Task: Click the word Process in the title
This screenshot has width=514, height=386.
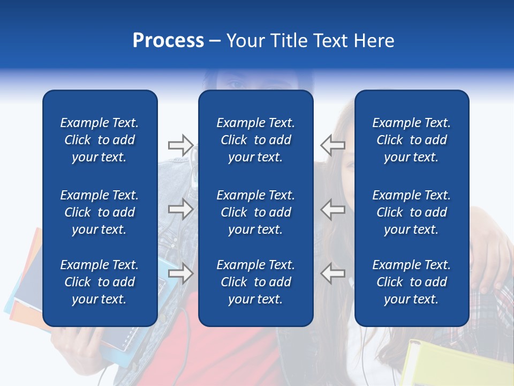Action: tap(168, 41)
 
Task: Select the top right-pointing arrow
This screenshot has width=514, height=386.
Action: tap(180, 145)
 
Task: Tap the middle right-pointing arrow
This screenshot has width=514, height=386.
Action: tap(180, 209)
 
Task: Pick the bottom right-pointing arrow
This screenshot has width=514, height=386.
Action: tap(180, 273)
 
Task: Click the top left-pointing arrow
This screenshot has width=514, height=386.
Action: tap(332, 145)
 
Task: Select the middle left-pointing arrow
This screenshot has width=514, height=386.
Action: tap(332, 209)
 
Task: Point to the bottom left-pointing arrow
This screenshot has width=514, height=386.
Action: tap(332, 273)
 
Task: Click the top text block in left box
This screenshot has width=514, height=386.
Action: tap(100, 140)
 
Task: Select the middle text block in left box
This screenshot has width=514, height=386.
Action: tap(100, 212)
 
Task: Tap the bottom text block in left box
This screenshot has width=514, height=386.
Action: tap(100, 282)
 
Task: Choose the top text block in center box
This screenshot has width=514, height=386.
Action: tap(255, 140)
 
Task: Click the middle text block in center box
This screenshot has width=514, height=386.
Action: tap(255, 212)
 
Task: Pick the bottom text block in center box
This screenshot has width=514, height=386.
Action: tap(255, 282)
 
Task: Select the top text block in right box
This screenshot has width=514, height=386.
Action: tap(411, 140)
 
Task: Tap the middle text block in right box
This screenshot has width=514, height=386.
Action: tap(411, 212)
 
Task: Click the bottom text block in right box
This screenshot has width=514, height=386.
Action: tap(411, 282)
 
